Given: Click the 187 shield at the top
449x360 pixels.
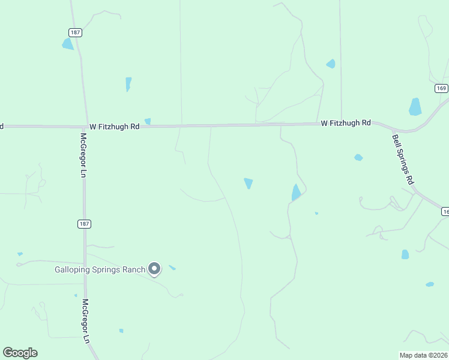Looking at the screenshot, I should click(x=75, y=32).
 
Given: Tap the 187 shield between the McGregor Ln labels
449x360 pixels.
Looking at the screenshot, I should click(x=85, y=224).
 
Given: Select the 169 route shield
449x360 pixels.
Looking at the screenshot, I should click(x=442, y=88).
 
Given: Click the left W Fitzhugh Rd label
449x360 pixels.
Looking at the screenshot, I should click(x=114, y=127).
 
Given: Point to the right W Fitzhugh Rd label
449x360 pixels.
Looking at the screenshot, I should click(x=346, y=123).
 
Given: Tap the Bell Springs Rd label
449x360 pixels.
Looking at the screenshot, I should click(x=403, y=159).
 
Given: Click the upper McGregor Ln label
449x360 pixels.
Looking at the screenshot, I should click(x=83, y=154).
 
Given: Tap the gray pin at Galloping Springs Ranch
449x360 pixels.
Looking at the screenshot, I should click(x=154, y=269).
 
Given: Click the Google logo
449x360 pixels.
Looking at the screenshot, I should click(x=20, y=353).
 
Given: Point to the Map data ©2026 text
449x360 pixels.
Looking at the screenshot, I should click(x=423, y=355).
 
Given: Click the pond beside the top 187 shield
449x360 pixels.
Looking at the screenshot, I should click(x=67, y=44).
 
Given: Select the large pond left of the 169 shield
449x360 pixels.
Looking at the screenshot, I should click(x=415, y=107).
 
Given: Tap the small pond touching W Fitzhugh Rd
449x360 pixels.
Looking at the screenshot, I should click(x=148, y=121).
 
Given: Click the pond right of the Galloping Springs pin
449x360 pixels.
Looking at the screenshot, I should click(x=172, y=268).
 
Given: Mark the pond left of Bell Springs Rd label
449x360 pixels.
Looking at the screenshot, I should click(x=358, y=157).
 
